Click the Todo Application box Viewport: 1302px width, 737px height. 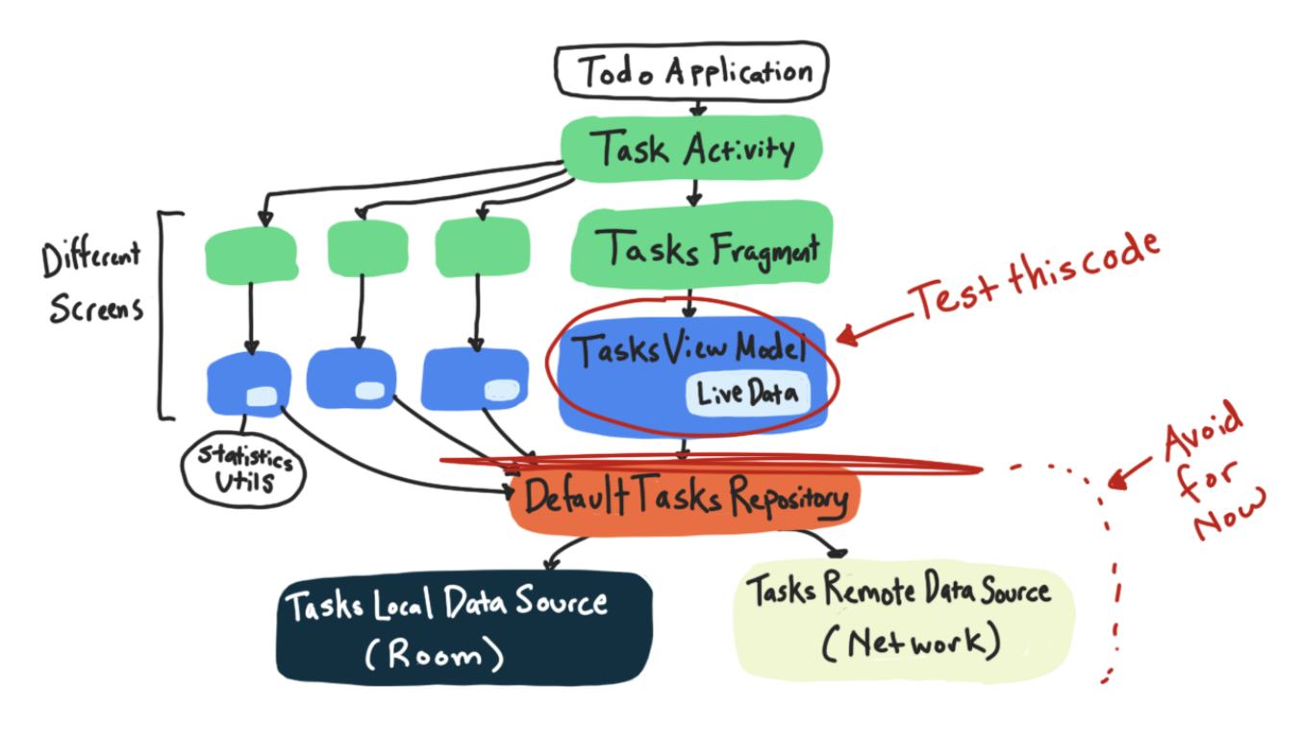coord(690,71)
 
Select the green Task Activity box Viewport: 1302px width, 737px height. coord(690,149)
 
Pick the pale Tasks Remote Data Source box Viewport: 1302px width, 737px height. coord(902,616)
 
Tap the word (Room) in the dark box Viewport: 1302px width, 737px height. coord(435,656)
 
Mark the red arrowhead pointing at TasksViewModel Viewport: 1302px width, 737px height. coord(844,336)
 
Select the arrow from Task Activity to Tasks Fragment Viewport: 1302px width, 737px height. coord(694,192)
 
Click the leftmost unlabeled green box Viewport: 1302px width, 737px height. coord(250,252)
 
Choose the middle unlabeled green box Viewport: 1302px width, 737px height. coord(366,247)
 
